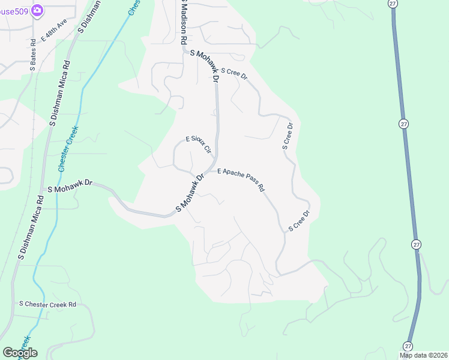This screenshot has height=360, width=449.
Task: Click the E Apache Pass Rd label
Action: [x=241, y=179]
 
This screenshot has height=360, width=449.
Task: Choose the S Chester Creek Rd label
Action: [x=48, y=304]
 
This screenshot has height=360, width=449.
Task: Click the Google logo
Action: [x=20, y=353]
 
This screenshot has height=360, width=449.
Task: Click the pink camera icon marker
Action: [x=37, y=10]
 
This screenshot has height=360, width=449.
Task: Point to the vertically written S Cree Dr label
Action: [x=287, y=136]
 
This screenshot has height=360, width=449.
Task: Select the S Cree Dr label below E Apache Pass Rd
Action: [x=299, y=221]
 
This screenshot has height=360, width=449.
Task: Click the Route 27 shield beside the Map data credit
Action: [x=408, y=346]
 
